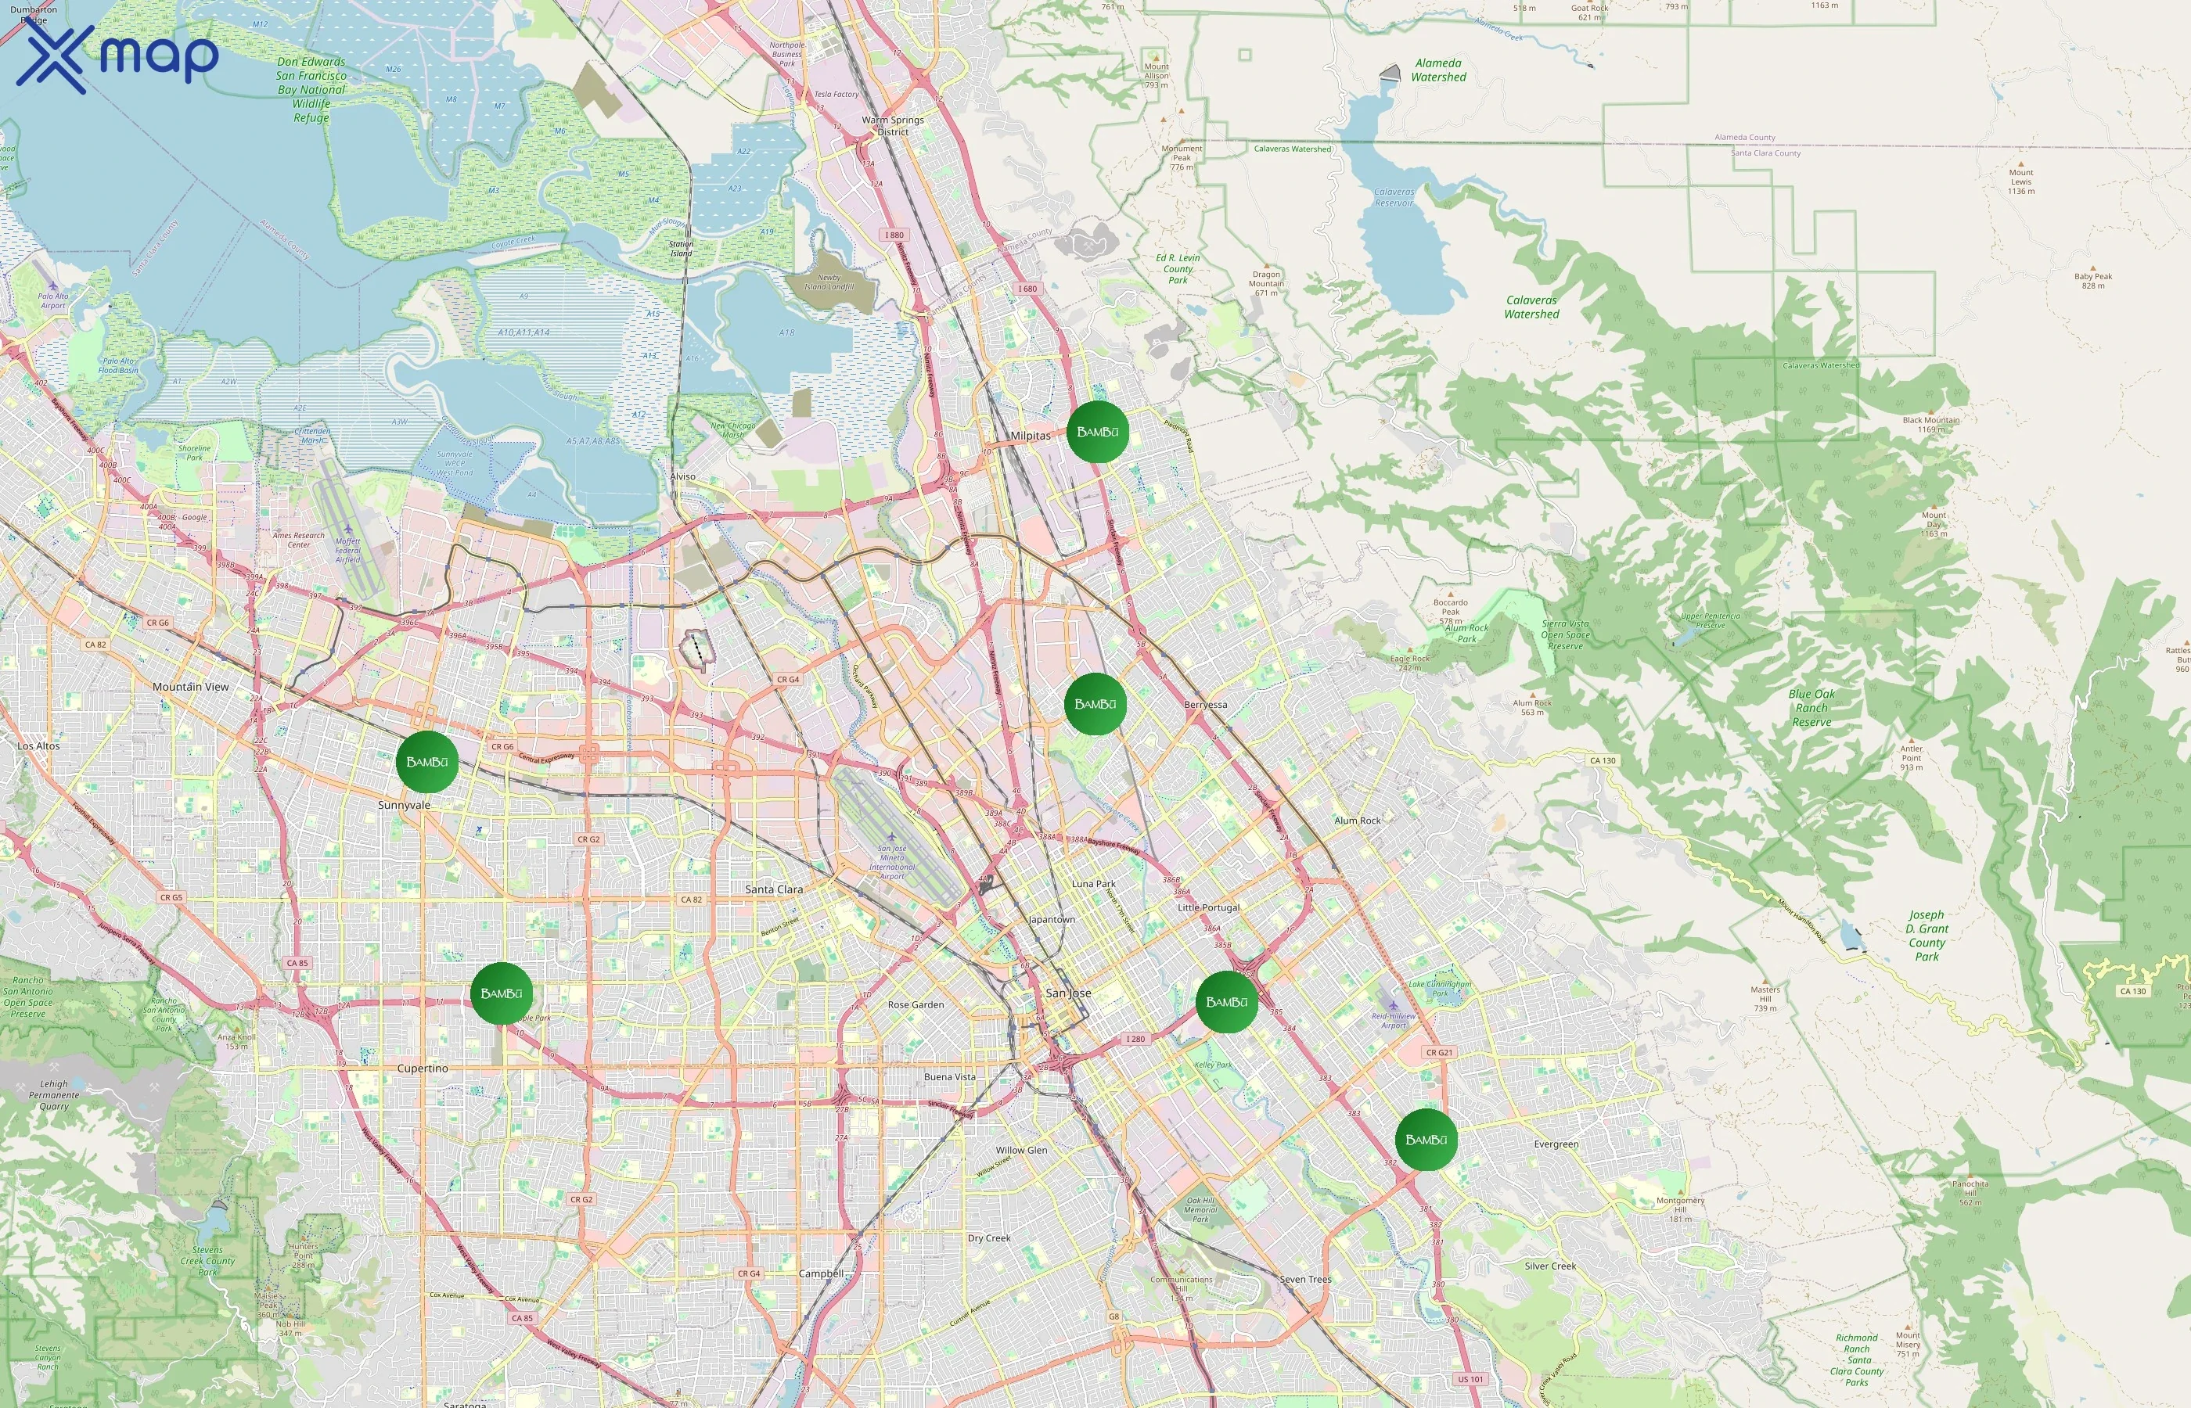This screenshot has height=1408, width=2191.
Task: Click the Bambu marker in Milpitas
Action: pos(1097,432)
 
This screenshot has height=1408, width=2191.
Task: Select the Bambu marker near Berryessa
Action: pos(1095,704)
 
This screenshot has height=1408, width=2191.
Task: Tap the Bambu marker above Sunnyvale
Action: pos(427,762)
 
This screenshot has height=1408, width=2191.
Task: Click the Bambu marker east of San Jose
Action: pos(1226,1002)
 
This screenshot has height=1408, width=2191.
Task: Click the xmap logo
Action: pos(117,56)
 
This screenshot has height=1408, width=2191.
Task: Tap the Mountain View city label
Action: pos(190,687)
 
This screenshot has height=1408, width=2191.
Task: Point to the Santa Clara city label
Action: pos(774,889)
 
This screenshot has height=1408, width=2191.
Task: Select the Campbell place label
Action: pos(821,1273)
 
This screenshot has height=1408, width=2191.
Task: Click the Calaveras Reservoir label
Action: pos(1394,197)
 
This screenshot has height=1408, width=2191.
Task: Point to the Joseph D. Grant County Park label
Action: pos(1927,936)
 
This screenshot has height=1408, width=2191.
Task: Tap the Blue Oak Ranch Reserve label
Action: pos(1811,708)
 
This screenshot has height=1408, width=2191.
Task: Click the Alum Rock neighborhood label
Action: pos(1357,820)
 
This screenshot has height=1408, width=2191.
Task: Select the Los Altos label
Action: pos(38,746)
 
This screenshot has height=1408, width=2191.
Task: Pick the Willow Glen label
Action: pos(1021,1150)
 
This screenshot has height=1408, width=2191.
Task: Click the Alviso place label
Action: pos(682,476)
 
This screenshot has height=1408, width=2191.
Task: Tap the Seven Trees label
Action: pos(1306,1279)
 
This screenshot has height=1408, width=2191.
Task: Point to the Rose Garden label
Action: pos(916,1005)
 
